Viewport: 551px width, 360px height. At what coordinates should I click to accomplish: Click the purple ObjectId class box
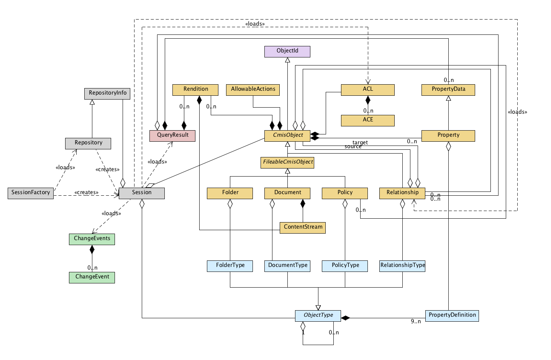tap(287, 51)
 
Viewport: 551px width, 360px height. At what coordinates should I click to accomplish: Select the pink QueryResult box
tap(172, 136)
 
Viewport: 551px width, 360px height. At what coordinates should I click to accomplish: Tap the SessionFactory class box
tap(31, 193)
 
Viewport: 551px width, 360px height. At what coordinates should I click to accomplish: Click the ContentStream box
tap(303, 227)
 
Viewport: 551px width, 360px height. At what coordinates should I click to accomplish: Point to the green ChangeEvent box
tap(92, 277)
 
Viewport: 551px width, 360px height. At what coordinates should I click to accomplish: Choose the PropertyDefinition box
tap(452, 316)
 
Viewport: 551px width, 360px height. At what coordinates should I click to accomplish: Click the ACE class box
tap(368, 120)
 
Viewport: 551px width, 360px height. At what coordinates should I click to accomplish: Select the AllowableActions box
tap(253, 90)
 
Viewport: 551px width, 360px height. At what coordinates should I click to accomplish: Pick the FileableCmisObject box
tap(288, 162)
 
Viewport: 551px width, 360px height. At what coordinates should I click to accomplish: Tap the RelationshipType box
tap(402, 266)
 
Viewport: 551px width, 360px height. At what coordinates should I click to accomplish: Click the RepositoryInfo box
tap(107, 93)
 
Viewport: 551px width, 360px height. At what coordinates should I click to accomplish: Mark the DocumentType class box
tap(287, 266)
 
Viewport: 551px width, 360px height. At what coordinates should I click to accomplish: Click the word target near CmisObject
tap(360, 142)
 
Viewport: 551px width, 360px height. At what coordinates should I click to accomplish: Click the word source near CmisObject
tap(353, 147)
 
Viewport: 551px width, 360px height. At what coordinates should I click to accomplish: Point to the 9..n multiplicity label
tap(416, 321)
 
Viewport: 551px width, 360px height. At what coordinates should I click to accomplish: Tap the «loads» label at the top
tap(255, 24)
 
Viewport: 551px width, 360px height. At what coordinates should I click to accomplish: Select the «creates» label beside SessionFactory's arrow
tap(86, 192)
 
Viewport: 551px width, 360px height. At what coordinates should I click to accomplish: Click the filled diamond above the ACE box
tap(368, 101)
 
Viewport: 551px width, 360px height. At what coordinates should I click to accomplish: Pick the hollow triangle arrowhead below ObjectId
tap(287, 60)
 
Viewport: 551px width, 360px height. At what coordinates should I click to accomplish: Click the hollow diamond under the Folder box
tap(230, 204)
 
